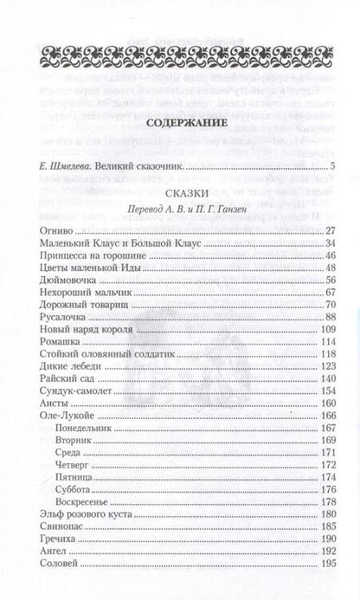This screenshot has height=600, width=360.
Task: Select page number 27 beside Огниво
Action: [329, 230]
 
